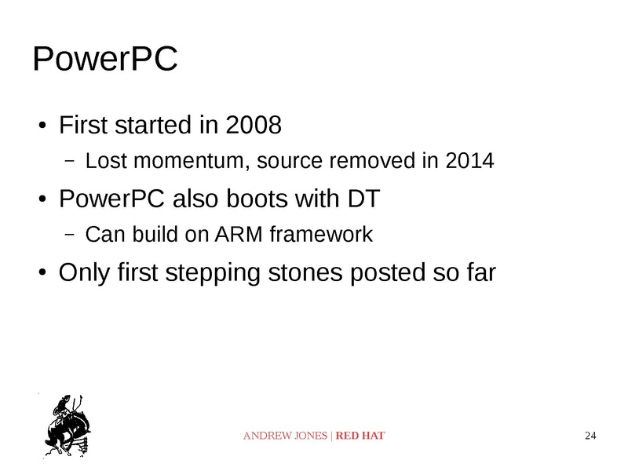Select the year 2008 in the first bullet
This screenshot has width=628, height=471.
click(x=253, y=125)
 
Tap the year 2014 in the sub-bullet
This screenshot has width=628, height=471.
click(x=469, y=162)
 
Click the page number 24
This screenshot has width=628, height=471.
click(x=591, y=436)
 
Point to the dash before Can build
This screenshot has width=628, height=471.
click(x=69, y=235)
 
